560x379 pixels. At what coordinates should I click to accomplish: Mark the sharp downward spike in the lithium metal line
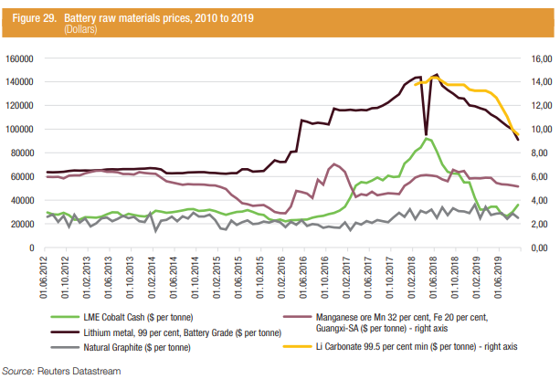[x=426, y=134]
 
